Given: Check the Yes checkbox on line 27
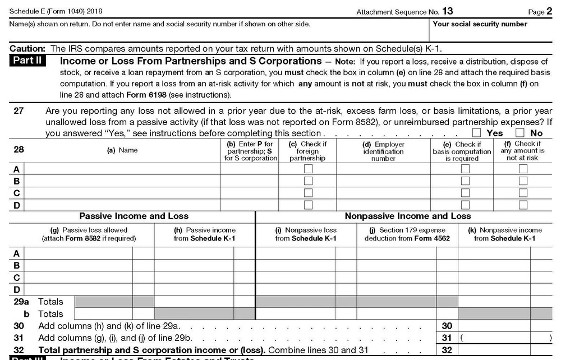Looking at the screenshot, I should (x=477, y=133).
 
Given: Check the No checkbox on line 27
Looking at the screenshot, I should (x=519, y=133).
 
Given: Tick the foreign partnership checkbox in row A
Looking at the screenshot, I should (x=307, y=169).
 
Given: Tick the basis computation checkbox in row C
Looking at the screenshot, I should (x=465, y=193).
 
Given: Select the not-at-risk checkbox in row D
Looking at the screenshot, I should (x=523, y=205).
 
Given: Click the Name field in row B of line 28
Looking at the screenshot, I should (x=122, y=181).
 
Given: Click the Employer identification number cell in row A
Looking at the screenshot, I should (x=383, y=169).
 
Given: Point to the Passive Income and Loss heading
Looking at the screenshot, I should (x=134, y=216).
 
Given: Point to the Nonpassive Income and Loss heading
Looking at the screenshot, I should (x=408, y=216).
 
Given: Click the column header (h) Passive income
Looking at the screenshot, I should (x=204, y=234).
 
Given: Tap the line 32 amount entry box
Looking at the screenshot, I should (x=505, y=349).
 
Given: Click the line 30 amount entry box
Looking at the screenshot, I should (x=505, y=326).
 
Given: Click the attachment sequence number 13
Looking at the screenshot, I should (x=447, y=11).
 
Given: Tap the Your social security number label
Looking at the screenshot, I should (x=480, y=24).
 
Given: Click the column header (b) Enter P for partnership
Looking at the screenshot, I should (x=249, y=151).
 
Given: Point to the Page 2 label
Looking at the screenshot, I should (x=540, y=11).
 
